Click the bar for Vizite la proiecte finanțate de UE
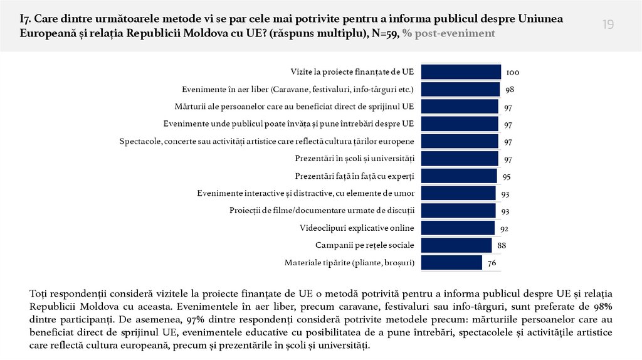coord(461,72)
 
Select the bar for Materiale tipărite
coord(451,262)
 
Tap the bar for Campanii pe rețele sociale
coord(456,245)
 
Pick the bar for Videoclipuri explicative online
coord(458,228)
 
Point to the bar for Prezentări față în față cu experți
coord(459,176)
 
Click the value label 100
coord(512,73)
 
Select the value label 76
coord(492,263)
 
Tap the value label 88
coord(502,245)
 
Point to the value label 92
coord(503,228)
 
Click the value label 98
coord(510,90)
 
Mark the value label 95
coord(507,176)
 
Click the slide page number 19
coord(608,24)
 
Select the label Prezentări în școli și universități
coord(355,158)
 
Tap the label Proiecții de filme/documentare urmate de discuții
coord(323,210)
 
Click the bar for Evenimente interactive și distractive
coord(458,193)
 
